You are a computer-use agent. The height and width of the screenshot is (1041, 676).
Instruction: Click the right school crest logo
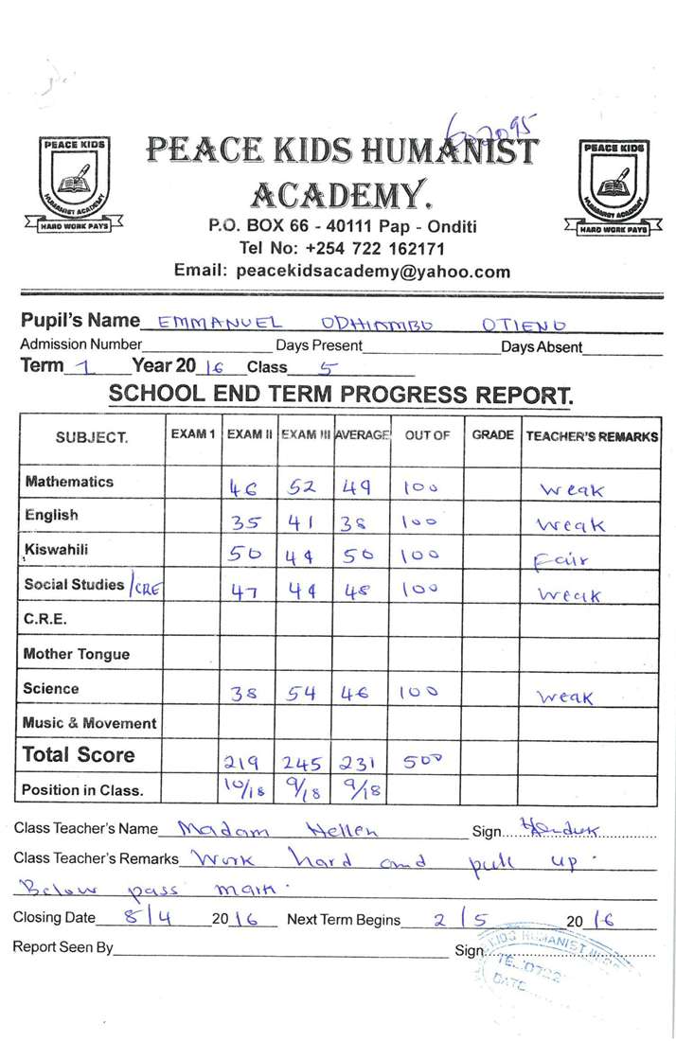614,186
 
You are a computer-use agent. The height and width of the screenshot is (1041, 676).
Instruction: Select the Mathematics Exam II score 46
246,489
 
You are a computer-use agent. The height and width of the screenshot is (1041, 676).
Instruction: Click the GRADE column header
492,435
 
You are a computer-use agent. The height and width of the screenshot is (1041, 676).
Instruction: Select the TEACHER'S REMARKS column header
591,436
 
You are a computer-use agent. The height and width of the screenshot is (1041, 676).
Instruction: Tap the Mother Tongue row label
76,654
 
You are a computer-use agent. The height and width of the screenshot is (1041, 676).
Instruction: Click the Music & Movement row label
89,723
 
